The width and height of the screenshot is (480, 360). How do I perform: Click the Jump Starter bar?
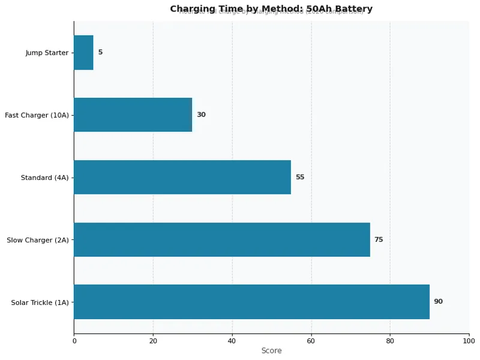click(x=83, y=52)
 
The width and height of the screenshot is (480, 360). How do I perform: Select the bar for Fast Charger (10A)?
click(x=133, y=115)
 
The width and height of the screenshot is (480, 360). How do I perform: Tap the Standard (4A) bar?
click(x=182, y=177)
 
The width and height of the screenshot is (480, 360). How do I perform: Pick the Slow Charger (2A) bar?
click(x=221, y=239)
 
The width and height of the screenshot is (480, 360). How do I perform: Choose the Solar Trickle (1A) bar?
click(x=251, y=302)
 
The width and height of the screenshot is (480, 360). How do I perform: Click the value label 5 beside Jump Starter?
click(x=100, y=52)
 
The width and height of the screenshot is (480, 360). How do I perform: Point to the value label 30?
click(x=201, y=115)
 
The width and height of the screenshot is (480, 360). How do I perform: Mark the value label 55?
click(x=300, y=177)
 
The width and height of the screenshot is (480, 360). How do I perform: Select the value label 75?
click(x=379, y=239)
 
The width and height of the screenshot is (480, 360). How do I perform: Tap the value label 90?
click(x=438, y=302)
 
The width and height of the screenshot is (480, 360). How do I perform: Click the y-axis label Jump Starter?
click(x=47, y=53)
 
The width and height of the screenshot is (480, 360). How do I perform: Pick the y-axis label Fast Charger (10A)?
click(x=37, y=115)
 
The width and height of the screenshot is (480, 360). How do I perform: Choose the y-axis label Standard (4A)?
click(x=44, y=178)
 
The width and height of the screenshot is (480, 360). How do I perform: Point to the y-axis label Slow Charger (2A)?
click(x=37, y=240)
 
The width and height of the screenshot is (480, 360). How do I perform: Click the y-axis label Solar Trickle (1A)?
click(x=40, y=302)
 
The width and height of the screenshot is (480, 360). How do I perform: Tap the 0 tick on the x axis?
click(x=74, y=341)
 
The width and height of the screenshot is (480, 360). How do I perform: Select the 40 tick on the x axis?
click(x=232, y=341)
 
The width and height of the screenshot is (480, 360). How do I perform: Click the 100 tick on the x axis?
click(x=469, y=341)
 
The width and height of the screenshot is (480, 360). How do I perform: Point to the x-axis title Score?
click(x=271, y=351)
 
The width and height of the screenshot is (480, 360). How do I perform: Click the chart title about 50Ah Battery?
click(x=271, y=9)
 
